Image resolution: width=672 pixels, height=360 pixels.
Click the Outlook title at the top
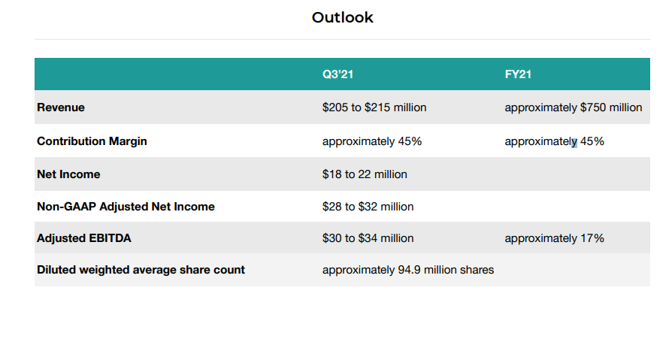pos(342,17)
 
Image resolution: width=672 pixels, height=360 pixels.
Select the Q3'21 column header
pos(338,74)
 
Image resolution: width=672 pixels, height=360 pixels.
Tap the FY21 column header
pos(519,74)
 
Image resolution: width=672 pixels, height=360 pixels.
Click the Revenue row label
pos(61,107)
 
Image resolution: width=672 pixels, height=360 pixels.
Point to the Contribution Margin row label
pos(92,141)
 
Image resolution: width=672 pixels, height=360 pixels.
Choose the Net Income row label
pos(68,174)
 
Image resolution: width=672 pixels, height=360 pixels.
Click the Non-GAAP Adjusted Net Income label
pos(126,207)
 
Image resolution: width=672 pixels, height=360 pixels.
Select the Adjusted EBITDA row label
pos(84,238)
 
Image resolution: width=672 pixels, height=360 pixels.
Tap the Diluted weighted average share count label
pos(141,270)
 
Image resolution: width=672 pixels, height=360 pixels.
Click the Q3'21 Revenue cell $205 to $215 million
pos(374,107)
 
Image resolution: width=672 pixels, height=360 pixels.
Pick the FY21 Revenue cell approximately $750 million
pos(573,107)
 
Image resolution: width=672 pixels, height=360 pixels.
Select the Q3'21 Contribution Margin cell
pos(372,141)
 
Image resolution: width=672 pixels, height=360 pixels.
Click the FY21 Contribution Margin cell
pos(554,141)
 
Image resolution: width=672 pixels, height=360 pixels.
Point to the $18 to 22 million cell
pos(365,174)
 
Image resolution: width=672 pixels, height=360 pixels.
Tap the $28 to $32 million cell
pos(368,207)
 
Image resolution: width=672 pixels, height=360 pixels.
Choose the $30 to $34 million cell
pos(368,238)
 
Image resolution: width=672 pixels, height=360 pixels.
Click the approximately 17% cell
pos(554,238)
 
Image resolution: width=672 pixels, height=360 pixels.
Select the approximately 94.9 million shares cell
pos(408,270)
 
